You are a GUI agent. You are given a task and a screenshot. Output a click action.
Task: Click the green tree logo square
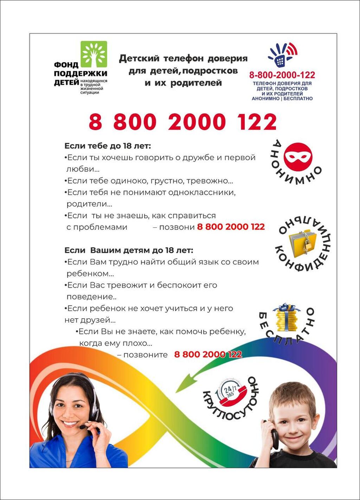click(94, 54)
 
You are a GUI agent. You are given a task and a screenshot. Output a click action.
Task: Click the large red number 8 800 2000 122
click(182, 122)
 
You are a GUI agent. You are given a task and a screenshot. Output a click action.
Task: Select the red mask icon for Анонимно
click(298, 157)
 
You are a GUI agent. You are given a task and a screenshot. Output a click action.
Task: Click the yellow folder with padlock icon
click(303, 241)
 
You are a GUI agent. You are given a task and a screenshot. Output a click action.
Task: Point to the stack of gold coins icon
click(287, 318)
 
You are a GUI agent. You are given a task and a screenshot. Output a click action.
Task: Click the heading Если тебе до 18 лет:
click(108, 146)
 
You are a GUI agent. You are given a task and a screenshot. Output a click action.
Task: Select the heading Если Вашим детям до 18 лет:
click(129, 250)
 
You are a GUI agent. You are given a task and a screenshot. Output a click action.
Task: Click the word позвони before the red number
click(177, 227)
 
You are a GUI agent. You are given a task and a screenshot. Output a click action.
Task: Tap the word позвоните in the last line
click(146, 355)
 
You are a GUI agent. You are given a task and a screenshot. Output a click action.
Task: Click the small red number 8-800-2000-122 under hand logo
click(282, 75)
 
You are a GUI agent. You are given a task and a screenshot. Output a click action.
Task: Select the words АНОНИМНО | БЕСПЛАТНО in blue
click(282, 99)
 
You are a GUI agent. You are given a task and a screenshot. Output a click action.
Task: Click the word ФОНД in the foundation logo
click(66, 65)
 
